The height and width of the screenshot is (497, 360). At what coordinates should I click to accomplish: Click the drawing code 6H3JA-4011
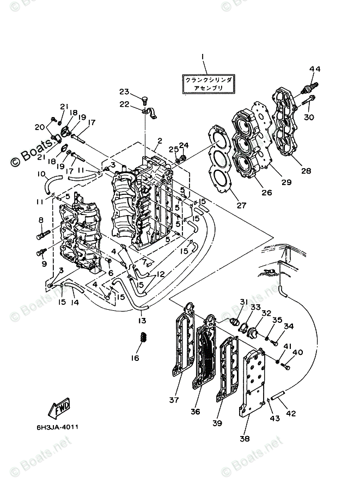(59, 427)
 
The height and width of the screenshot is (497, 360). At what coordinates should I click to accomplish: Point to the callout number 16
(135, 358)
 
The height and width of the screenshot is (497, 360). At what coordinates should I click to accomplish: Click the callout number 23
(124, 91)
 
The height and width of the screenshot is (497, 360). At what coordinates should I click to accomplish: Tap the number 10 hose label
(41, 174)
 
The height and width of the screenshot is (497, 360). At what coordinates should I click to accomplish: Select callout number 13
(142, 320)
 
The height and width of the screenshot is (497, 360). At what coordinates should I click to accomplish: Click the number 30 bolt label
(309, 117)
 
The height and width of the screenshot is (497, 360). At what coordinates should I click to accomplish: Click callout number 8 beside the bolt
(40, 220)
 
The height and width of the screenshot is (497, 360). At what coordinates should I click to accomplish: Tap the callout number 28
(306, 170)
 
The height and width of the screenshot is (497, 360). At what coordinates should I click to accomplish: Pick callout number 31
(243, 302)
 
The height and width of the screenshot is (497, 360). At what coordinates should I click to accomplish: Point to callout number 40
(298, 353)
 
